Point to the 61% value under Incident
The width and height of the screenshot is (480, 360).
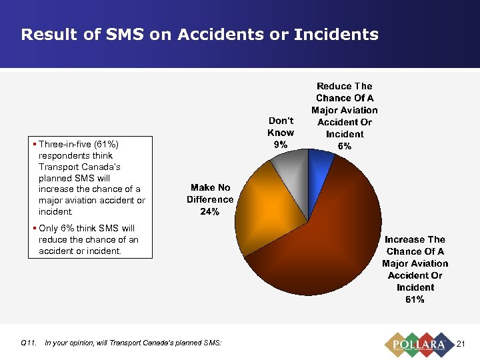pos(415,299)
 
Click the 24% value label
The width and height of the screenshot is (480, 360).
pos(210,211)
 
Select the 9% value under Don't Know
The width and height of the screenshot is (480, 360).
pos(281,145)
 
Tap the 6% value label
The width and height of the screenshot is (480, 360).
pos(344,146)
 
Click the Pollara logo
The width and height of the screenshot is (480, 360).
pos(418,343)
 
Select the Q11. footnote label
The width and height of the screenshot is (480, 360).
pos(29,343)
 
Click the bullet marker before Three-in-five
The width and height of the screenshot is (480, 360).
pos(34,144)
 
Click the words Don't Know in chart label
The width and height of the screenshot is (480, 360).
pos(281,127)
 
